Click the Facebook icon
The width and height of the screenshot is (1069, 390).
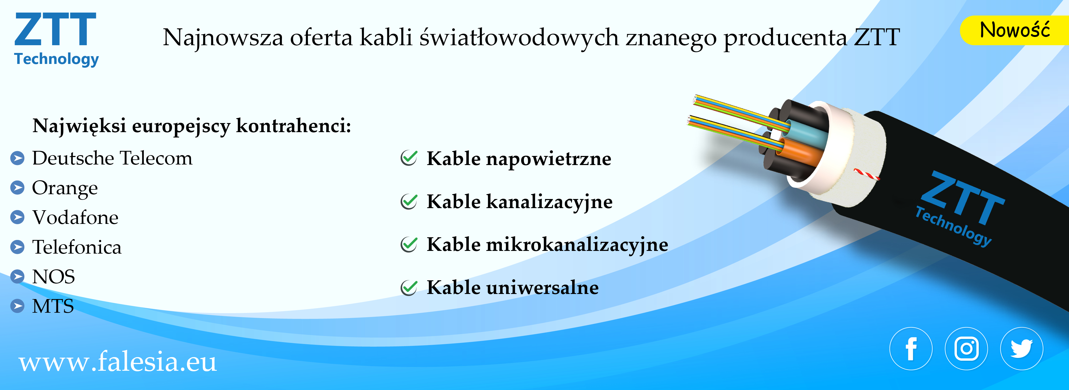pyautogui.click(x=911, y=349)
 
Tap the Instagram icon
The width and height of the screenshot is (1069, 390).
pyautogui.click(x=966, y=349)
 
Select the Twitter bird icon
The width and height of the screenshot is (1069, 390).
pyautogui.click(x=1022, y=349)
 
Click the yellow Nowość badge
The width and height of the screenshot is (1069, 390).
pyautogui.click(x=1015, y=30)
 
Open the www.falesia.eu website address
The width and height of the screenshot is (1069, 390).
pyautogui.click(x=118, y=361)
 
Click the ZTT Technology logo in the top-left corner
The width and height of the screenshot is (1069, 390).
pyautogui.click(x=56, y=40)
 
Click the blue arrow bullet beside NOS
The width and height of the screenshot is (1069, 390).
pyautogui.click(x=17, y=277)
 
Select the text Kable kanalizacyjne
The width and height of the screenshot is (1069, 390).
pyautogui.click(x=520, y=202)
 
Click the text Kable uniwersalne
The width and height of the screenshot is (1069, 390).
pyautogui.click(x=513, y=287)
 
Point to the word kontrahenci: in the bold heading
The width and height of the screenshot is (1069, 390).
pyautogui.click(x=294, y=125)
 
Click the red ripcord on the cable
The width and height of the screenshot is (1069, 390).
pyautogui.click(x=866, y=174)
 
